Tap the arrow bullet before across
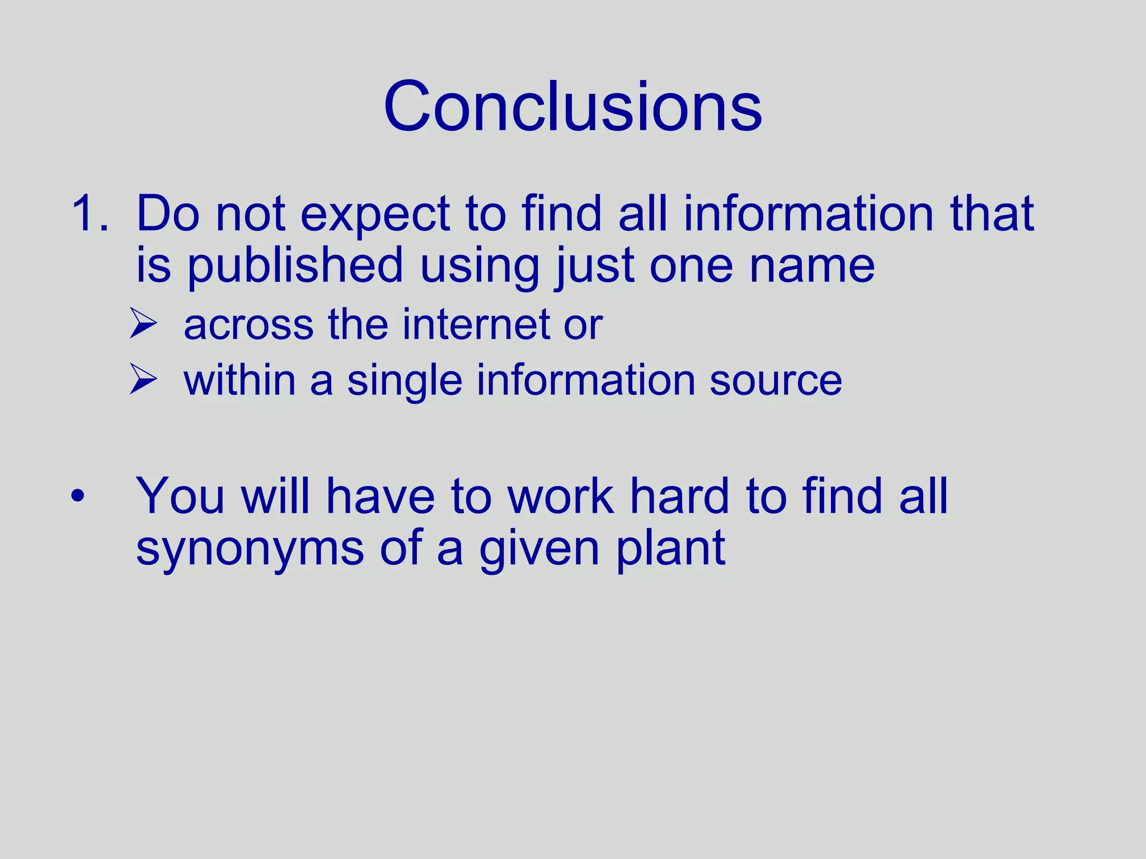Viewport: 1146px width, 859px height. click(x=143, y=324)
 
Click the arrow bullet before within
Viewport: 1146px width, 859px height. click(x=143, y=379)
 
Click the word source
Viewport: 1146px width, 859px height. click(x=776, y=380)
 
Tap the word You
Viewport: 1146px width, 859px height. click(x=180, y=495)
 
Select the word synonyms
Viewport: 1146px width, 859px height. click(x=250, y=549)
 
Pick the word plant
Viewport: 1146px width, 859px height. click(x=671, y=549)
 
